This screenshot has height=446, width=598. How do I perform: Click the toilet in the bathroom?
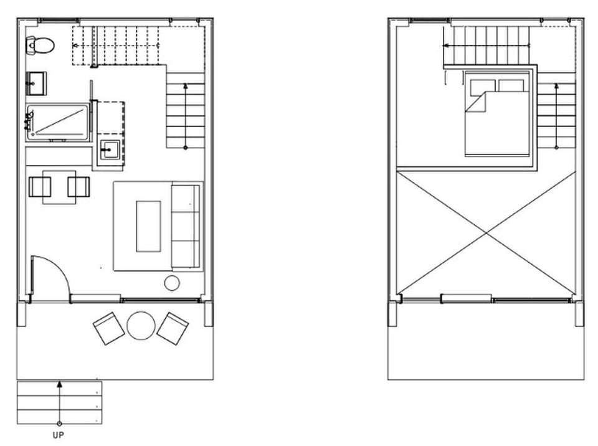40,45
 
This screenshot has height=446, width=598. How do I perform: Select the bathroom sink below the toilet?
36,81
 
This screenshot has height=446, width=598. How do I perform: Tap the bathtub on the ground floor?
58,121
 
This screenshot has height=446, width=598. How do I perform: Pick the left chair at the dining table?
40,187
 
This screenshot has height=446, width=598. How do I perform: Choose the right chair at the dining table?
78,187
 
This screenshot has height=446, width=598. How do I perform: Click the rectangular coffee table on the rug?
148,225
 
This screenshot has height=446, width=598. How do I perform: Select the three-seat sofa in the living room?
186,225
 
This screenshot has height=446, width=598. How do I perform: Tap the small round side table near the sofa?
172,283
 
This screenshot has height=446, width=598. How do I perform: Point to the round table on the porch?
140,325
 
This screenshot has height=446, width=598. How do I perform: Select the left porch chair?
108,328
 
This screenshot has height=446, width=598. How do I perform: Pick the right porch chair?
173,328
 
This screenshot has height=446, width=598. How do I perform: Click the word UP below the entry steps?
59,435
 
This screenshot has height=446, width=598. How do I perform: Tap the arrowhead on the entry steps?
59,384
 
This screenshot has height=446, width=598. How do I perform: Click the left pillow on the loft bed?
483,85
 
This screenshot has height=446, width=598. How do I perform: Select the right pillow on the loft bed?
511,85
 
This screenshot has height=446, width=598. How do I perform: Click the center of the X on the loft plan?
486,232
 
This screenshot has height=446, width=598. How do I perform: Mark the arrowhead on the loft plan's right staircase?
556,85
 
